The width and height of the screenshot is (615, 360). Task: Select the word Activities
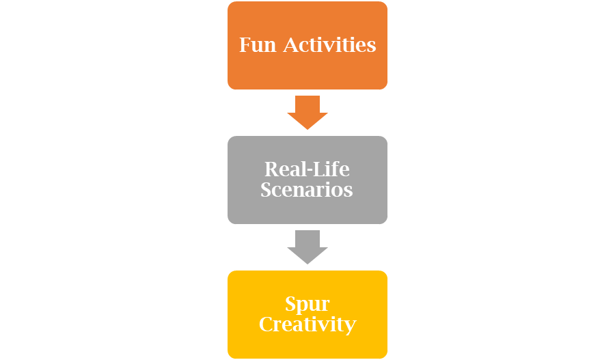(x=330, y=45)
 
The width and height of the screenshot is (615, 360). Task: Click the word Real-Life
(x=307, y=169)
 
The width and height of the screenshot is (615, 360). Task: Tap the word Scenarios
(x=307, y=189)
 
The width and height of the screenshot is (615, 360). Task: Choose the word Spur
(x=307, y=303)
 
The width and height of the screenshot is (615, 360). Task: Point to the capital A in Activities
(x=290, y=45)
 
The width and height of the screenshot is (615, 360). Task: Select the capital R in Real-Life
(x=271, y=169)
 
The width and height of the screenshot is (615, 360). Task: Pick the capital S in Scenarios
(x=267, y=189)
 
